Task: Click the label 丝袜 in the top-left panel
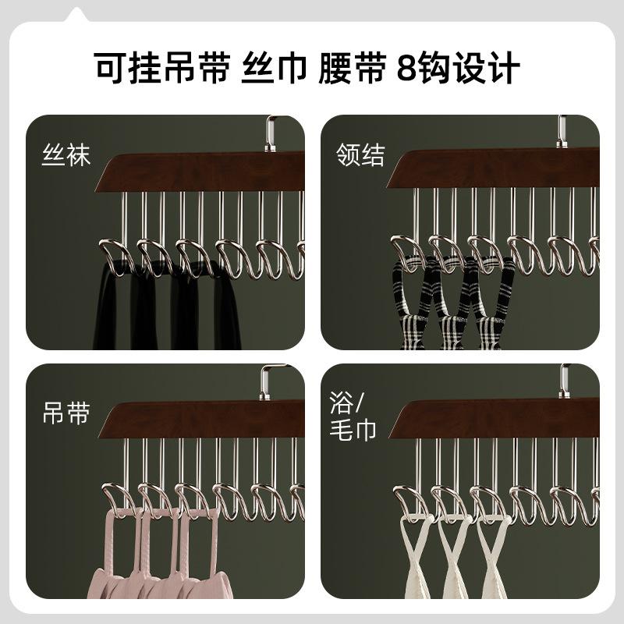(66, 155)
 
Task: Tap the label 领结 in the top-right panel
(360, 155)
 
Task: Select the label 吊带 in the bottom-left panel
(66, 413)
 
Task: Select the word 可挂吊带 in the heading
(160, 68)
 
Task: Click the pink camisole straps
(164, 562)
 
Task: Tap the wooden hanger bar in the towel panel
(499, 420)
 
